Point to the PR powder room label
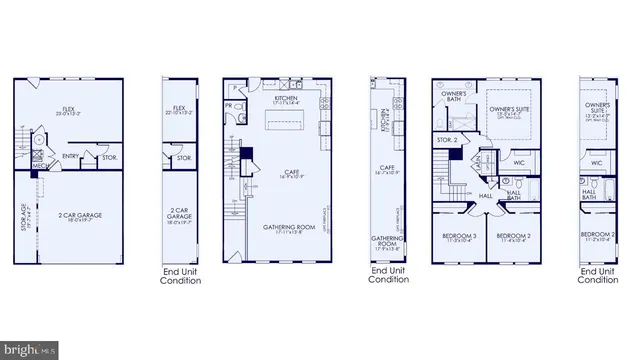pyautogui.click(x=230, y=104)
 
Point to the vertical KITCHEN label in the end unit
pyautogui.click(x=385, y=121)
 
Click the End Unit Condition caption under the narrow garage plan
pyautogui.click(x=181, y=276)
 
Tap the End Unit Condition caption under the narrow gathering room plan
pyautogui.click(x=387, y=275)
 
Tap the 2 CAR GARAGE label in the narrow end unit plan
pyautogui.click(x=181, y=215)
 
